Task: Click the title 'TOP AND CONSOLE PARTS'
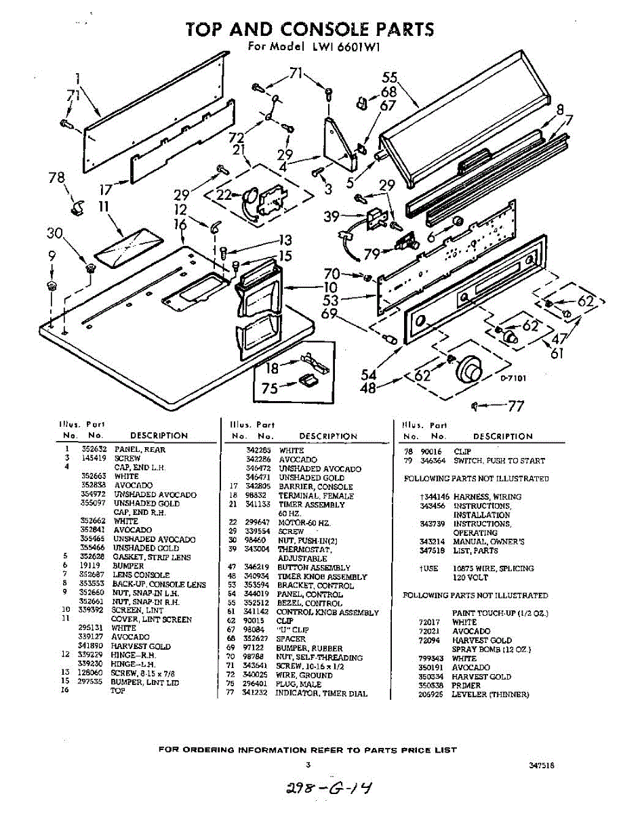point(310,29)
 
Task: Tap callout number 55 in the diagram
point(389,78)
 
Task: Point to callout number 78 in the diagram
point(57,179)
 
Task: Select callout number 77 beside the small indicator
point(516,406)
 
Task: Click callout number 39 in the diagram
point(332,217)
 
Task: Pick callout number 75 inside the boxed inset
point(270,389)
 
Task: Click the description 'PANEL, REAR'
point(140,449)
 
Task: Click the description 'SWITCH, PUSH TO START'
point(499,461)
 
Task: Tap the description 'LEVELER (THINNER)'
point(490,694)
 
